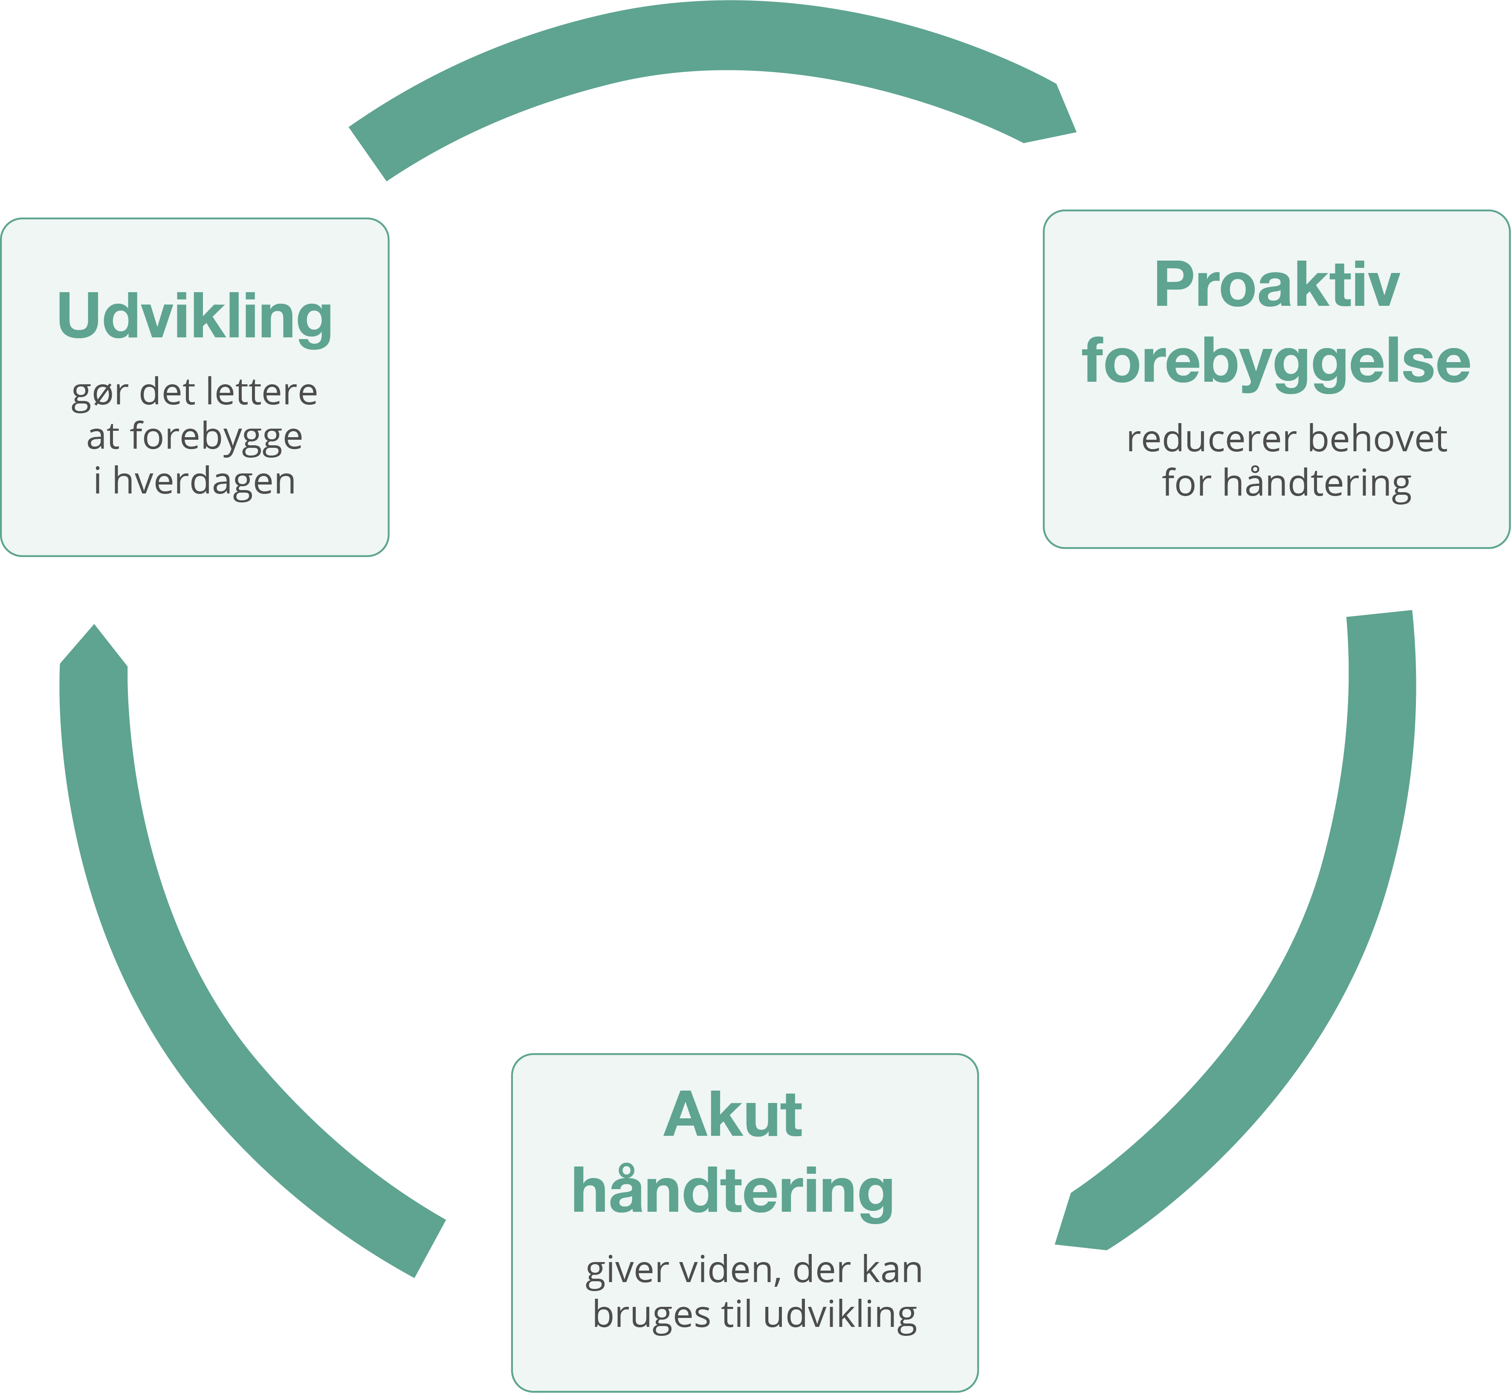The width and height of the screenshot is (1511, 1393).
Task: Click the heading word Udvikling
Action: point(194,316)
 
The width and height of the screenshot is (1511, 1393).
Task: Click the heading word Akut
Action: point(732,1116)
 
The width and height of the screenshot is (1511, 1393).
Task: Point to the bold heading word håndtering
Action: point(732,1193)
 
